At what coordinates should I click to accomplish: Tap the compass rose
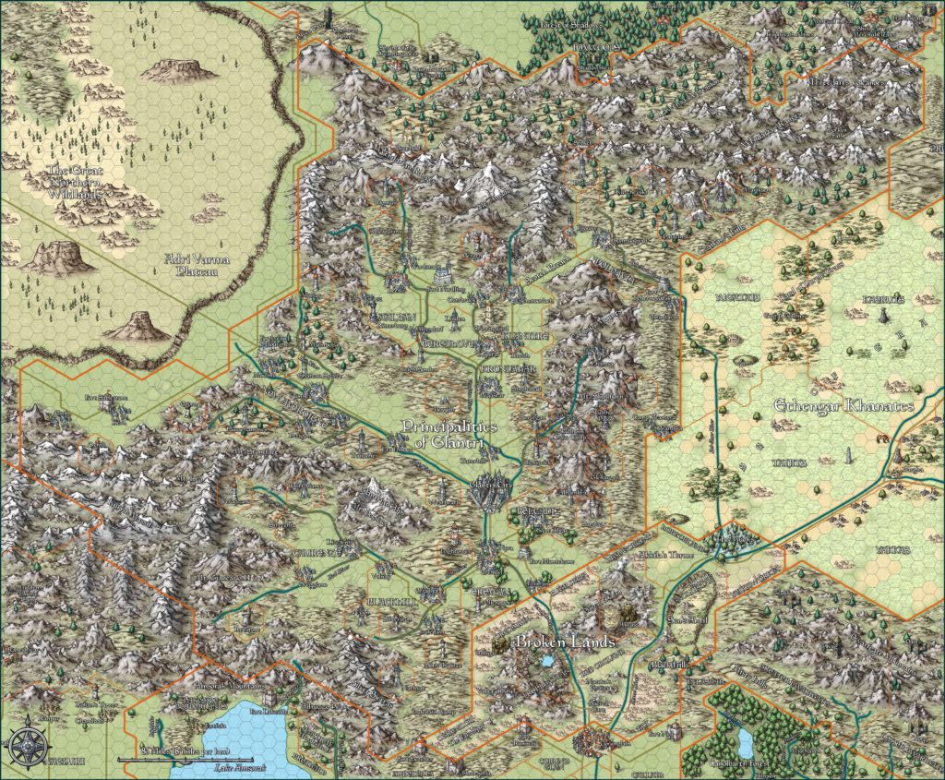pyautogui.click(x=23, y=743)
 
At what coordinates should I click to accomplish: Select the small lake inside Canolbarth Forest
pyautogui.click(x=744, y=740)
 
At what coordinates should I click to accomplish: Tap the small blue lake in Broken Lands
pyautogui.click(x=550, y=662)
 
